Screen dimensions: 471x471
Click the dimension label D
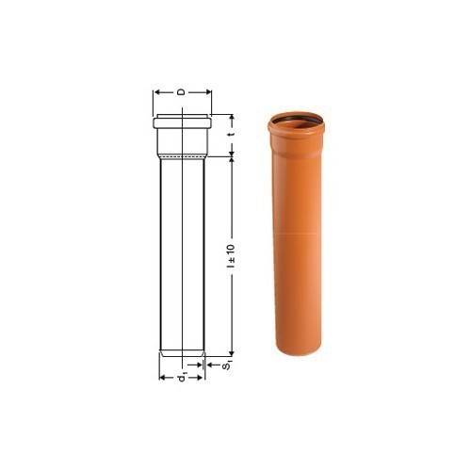coord(181,92)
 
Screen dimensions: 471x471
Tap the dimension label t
coord(232,135)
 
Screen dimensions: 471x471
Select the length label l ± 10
coord(232,255)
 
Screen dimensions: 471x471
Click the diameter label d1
coord(182,377)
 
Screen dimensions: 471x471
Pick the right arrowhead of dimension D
coord(208,92)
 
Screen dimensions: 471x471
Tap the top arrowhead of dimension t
coord(232,118)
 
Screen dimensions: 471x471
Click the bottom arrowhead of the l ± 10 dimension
coord(232,353)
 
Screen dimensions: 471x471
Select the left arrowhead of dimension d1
coord(162,378)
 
